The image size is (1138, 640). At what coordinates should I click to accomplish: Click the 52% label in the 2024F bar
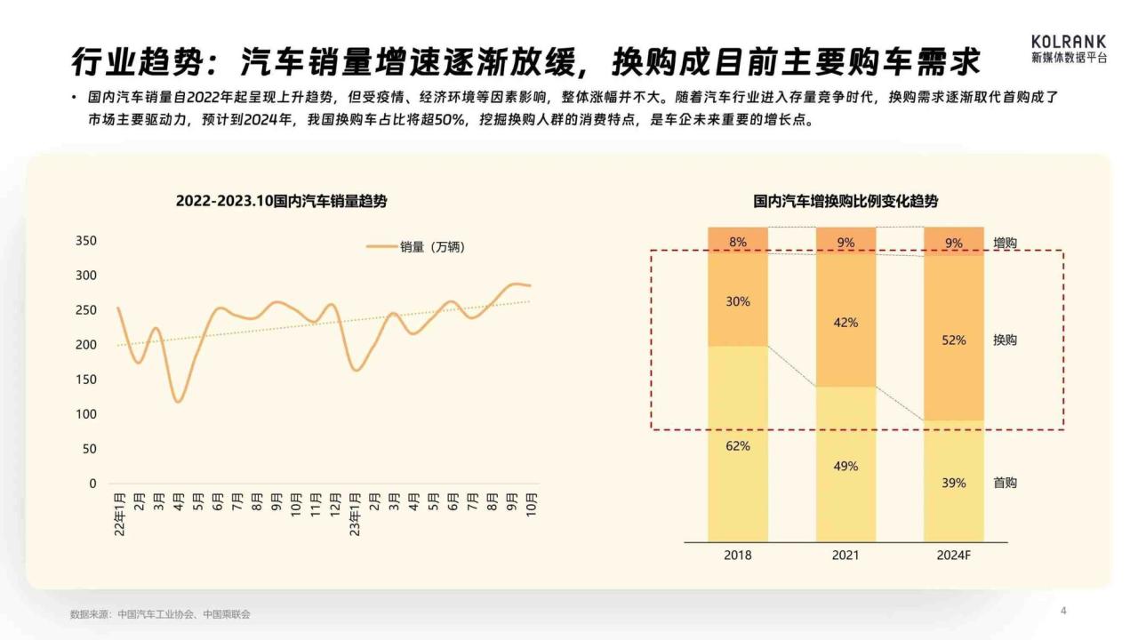(954, 340)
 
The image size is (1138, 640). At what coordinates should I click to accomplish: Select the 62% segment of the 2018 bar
(738, 444)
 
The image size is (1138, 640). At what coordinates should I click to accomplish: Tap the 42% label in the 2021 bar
(845, 323)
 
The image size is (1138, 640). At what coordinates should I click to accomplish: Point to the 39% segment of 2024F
(954, 482)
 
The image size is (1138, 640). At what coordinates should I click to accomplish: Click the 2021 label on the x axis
(845, 556)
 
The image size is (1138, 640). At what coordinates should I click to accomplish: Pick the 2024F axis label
(954, 556)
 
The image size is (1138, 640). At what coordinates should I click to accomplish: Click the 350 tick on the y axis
(86, 241)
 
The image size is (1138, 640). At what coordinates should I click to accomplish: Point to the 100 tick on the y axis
(86, 414)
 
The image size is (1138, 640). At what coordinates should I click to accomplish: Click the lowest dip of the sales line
(179, 402)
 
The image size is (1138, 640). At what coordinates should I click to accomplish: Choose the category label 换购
(1005, 340)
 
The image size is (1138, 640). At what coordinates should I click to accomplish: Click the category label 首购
(1005, 483)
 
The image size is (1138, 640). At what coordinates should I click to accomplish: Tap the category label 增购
(1005, 243)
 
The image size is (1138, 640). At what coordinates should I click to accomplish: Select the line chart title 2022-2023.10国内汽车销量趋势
(281, 202)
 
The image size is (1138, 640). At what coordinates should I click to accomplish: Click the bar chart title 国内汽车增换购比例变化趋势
(845, 202)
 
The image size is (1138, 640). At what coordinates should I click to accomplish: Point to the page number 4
(1063, 611)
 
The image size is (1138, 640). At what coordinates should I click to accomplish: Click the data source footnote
(160, 614)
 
